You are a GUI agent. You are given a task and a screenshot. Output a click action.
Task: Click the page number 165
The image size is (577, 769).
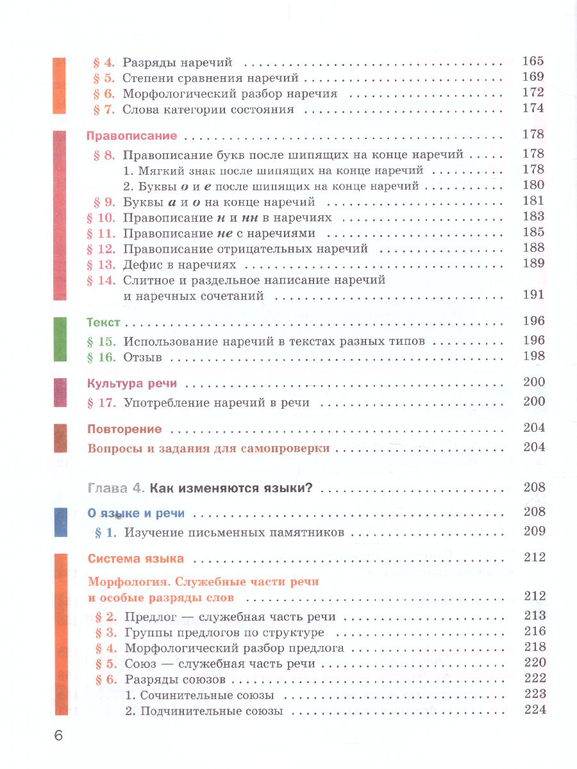tap(533, 62)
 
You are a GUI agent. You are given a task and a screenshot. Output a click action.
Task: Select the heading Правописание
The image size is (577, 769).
tap(131, 136)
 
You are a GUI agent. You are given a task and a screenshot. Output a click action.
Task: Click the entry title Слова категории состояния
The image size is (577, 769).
tap(208, 110)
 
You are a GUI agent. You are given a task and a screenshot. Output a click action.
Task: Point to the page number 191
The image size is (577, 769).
tap(533, 295)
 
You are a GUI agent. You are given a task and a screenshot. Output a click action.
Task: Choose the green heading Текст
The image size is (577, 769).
tap(103, 322)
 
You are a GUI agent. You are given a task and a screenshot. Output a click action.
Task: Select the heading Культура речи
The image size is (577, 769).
tap(131, 384)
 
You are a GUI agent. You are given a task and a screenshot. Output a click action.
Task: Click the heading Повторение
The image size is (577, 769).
tap(124, 429)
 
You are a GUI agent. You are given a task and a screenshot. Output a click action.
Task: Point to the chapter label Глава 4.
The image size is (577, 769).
tap(115, 488)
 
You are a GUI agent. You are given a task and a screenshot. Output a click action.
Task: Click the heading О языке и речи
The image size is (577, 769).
tap(136, 513)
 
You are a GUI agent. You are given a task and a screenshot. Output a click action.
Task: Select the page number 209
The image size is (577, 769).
tap(533, 531)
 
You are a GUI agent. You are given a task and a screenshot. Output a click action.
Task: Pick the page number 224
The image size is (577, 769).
tap(533, 709)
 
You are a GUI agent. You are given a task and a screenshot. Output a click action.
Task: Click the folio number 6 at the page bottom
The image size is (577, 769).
tap(58, 735)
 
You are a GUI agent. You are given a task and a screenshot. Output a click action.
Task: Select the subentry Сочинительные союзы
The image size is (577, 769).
tap(201, 695)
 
